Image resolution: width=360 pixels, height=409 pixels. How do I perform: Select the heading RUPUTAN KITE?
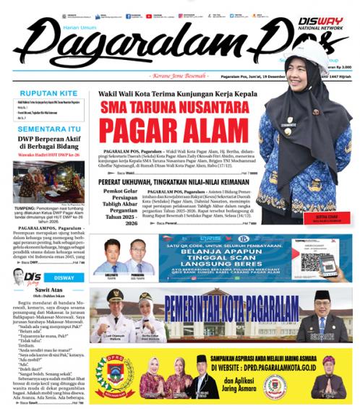tap(47, 93)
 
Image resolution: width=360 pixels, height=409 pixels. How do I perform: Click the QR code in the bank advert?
tap(318, 257)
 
